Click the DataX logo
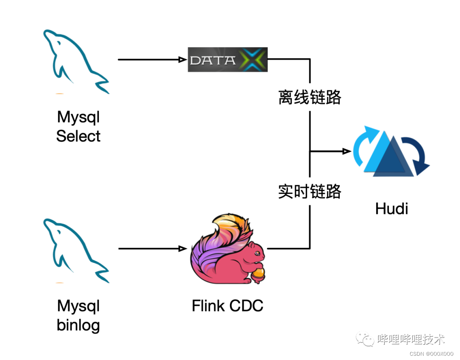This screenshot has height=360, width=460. coord(227,60)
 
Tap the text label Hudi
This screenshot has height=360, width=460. coord(391,209)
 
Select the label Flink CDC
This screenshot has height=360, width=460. coord(227,305)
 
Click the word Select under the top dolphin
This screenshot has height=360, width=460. coord(78,136)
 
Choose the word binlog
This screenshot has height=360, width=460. coord(78,325)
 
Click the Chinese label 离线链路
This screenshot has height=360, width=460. coord(310,98)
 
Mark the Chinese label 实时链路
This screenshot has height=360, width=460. coord(310,192)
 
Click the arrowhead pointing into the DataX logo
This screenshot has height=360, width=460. coord(184,60)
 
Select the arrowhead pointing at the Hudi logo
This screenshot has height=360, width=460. coord(347,151)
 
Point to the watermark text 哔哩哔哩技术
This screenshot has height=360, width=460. coord(411,340)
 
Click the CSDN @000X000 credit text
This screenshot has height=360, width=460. coord(431,354)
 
